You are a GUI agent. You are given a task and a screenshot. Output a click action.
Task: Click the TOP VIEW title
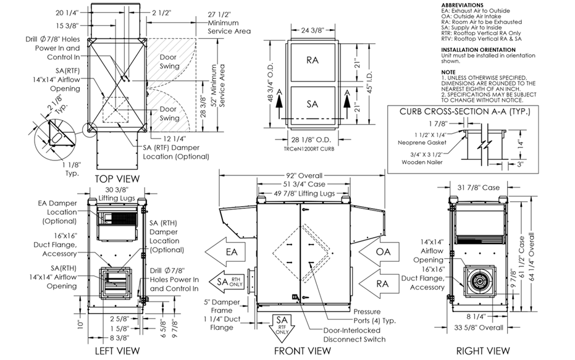tap(117, 179)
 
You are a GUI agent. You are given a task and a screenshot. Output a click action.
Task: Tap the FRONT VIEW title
tap(303, 351)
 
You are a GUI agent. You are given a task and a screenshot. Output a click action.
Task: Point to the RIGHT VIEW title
tap(483, 351)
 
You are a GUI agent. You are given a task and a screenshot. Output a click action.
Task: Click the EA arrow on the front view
tap(227, 252)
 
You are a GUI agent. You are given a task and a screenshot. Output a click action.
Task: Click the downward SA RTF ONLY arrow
tap(282, 323)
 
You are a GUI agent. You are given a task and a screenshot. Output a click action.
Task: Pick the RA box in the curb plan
tap(313, 61)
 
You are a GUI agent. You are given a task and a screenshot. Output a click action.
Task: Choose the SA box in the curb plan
tap(313, 104)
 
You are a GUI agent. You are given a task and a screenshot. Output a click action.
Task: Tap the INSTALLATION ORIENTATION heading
tap(478, 49)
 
